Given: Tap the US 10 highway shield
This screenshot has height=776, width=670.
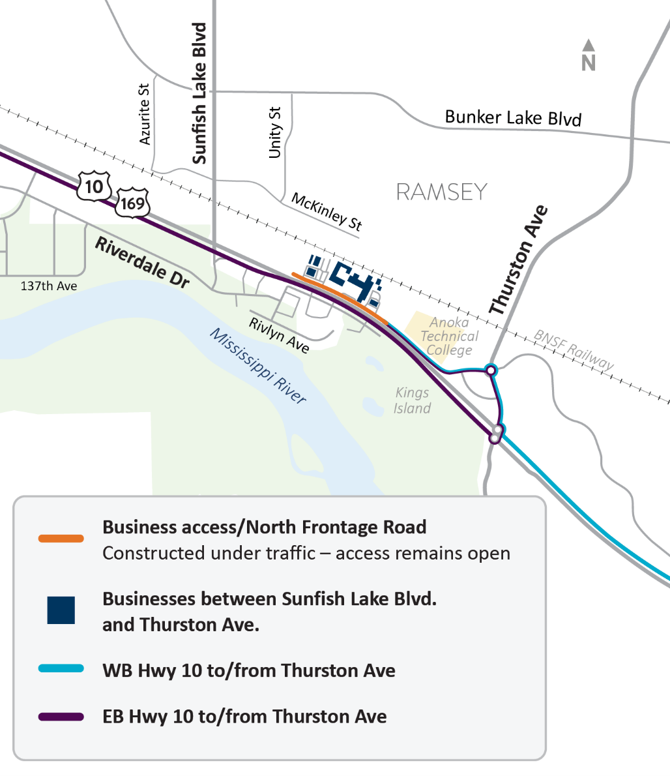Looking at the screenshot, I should coord(94,187).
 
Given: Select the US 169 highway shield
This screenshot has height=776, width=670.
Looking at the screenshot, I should coord(132,203).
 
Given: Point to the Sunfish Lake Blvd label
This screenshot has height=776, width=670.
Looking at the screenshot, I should coord(199,93).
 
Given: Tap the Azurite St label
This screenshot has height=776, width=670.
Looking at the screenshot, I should coord(145,114).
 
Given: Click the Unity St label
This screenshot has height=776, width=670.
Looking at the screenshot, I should coord(275,132).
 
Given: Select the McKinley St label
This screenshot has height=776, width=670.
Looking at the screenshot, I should coord(327,211).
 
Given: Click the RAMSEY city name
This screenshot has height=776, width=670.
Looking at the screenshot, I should coord(442,192).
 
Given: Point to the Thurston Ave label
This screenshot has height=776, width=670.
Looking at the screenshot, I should coord(519,260).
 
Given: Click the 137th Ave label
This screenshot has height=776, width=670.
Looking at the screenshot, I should coord(49,286).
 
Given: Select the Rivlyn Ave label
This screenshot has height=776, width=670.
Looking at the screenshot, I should coord(279,335).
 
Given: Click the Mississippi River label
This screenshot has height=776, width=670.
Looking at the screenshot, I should coord(257,365).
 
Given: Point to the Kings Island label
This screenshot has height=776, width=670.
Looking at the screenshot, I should coord(412,400).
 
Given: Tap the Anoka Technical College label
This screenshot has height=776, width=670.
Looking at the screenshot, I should coord(449,336).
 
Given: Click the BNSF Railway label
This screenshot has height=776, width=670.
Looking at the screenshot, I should coord(574,350).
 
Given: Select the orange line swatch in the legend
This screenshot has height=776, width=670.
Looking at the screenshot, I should coord(61,539).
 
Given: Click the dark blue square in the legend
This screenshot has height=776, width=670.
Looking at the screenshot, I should coord(61,610).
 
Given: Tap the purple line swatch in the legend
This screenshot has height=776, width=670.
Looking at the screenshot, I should coord(61,717).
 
